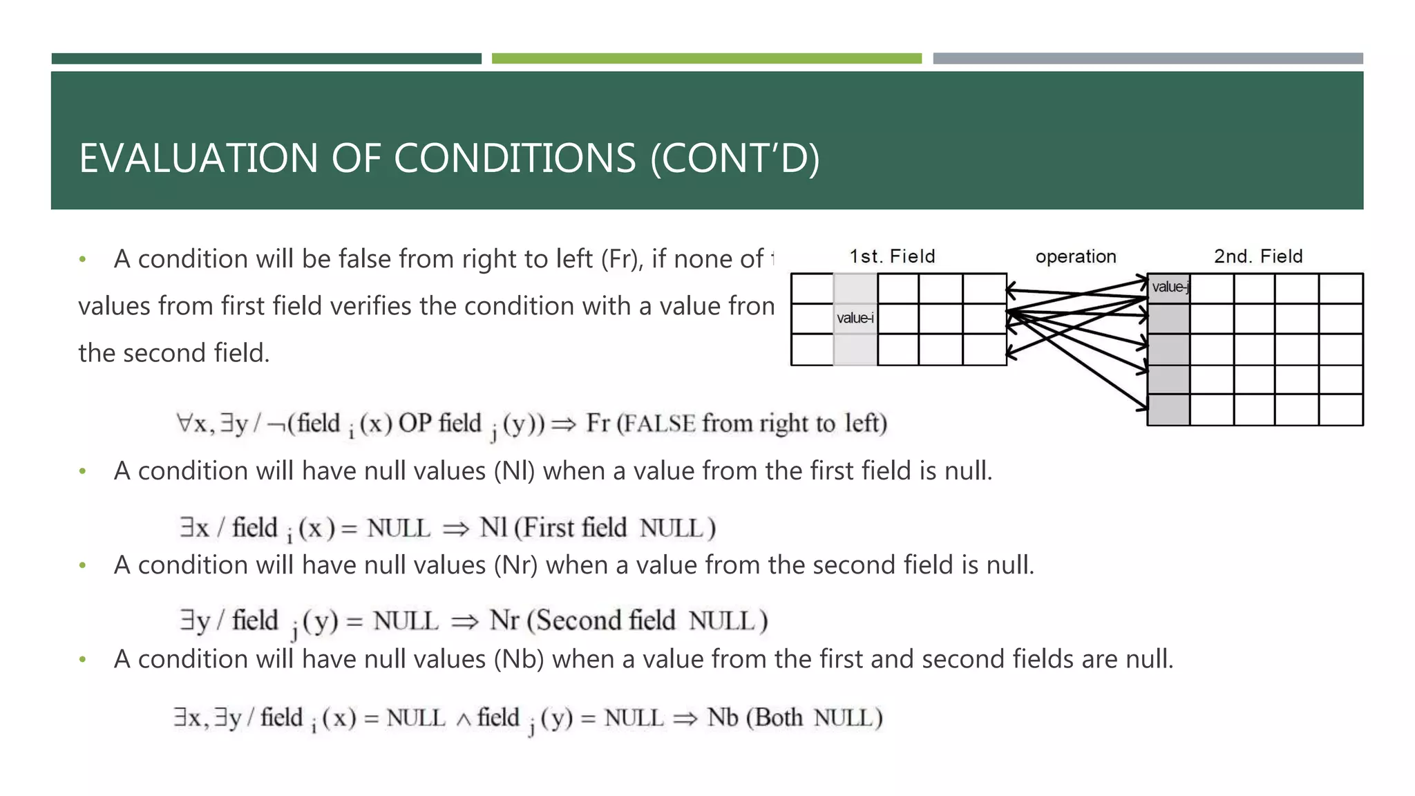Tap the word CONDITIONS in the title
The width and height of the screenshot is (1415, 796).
pos(515,158)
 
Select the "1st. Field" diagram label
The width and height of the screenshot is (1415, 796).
pos(892,256)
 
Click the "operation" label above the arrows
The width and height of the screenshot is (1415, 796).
pos(1076,256)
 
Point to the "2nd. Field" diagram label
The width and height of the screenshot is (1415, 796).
pos(1258,256)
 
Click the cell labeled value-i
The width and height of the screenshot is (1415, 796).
pos(855,318)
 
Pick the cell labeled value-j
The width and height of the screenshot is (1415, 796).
pos(1169,287)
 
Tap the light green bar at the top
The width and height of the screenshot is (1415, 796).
pos(706,59)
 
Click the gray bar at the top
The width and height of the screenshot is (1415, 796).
pos(1148,59)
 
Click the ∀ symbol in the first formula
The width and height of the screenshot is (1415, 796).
pos(184,423)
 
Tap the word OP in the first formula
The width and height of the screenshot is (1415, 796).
pos(415,423)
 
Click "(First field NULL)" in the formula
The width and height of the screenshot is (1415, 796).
pos(615,528)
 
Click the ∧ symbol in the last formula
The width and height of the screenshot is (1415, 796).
pos(464,720)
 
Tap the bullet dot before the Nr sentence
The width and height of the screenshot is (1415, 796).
pos(83,565)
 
